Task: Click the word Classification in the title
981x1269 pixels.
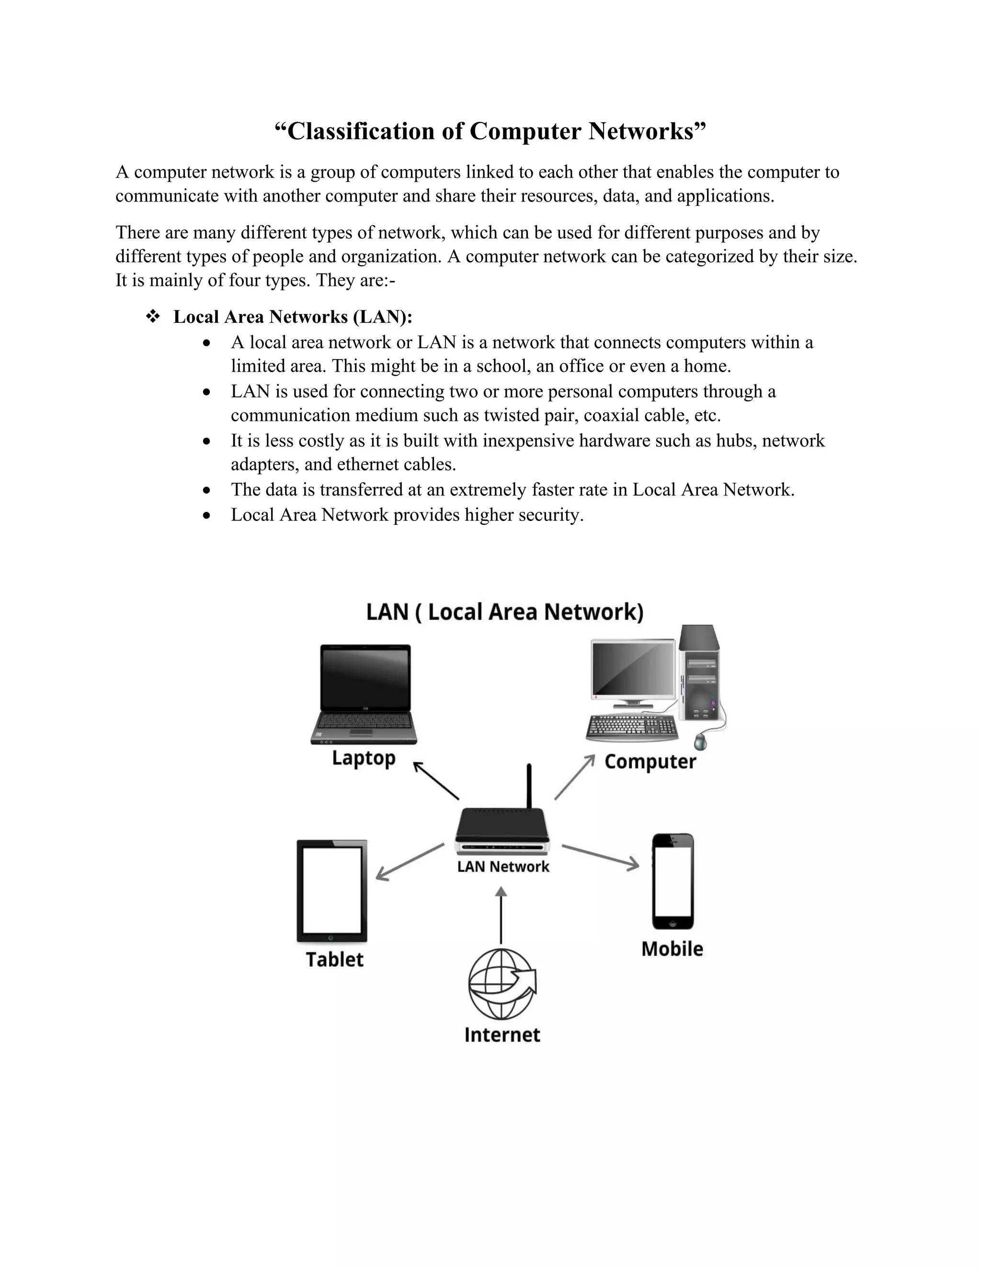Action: click(x=361, y=131)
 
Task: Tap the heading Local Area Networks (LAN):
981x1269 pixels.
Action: click(x=292, y=317)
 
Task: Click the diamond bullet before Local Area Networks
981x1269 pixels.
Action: click(x=153, y=317)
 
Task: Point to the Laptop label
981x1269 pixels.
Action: click(x=364, y=758)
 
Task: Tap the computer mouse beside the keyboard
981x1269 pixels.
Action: click(x=701, y=741)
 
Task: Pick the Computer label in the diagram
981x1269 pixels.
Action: click(x=650, y=761)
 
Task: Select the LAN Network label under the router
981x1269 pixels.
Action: click(x=502, y=866)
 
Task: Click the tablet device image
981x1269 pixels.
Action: click(x=332, y=891)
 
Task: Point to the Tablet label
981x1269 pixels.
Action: click(x=334, y=959)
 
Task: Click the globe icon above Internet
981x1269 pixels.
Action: click(x=502, y=984)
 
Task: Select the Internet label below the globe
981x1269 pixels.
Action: click(x=502, y=1034)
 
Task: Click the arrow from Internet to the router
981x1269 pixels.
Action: click(x=501, y=915)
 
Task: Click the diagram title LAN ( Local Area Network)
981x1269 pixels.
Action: click(x=504, y=612)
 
